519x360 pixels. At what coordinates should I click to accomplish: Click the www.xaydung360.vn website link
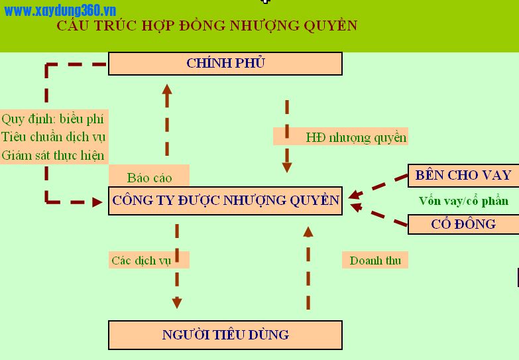tap(60, 11)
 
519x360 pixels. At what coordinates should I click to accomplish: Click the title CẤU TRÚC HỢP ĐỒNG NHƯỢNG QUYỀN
tap(207, 25)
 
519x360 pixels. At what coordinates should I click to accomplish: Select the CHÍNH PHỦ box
tap(225, 63)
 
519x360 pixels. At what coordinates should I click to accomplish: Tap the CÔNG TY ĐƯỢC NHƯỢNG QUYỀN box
tap(225, 201)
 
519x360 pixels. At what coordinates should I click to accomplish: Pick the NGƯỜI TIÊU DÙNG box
tap(225, 335)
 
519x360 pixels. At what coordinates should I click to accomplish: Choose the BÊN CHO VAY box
tap(463, 175)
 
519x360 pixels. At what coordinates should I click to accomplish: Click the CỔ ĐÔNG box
tap(463, 224)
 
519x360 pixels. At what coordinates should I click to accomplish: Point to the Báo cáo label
tap(149, 178)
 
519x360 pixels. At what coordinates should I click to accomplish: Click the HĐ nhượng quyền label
tap(356, 137)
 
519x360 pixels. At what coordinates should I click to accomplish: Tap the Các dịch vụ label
tap(141, 261)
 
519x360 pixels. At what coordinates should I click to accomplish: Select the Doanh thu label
tap(375, 261)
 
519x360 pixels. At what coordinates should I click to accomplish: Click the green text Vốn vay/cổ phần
tap(463, 201)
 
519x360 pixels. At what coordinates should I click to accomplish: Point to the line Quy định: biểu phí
tap(52, 119)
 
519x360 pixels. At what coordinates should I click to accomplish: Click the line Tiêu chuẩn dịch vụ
tap(53, 137)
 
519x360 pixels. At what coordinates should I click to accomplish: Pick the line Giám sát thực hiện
tap(53, 155)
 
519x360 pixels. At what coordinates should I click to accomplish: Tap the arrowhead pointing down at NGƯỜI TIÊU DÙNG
tap(177, 303)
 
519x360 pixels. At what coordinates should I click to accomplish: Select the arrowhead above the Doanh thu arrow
tap(308, 232)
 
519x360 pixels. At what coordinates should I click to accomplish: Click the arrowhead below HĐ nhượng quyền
tap(287, 167)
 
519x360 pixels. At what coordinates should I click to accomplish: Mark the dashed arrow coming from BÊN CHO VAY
tap(378, 186)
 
